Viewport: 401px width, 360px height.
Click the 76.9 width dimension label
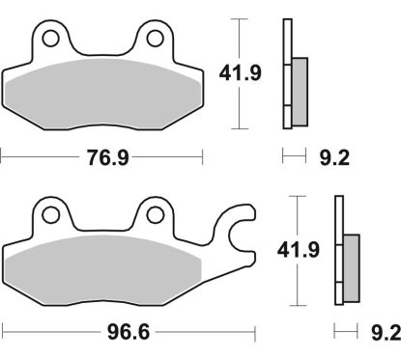[103, 155]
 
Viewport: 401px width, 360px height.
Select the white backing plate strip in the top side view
[286, 72]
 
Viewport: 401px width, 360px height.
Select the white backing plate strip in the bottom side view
[338, 250]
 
